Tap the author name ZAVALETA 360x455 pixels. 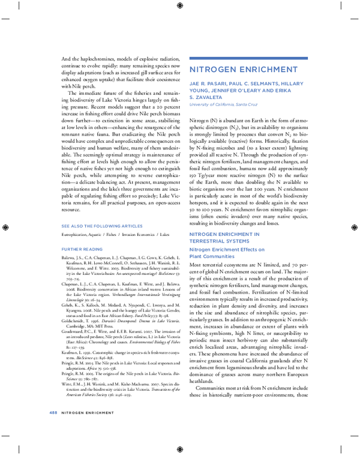[208, 97]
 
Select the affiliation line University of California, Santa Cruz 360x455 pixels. [219, 104]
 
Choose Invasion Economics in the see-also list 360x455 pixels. [140, 234]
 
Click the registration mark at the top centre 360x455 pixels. [180, 6]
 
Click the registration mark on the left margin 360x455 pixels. [5, 227]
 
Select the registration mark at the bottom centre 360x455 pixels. [180, 448]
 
